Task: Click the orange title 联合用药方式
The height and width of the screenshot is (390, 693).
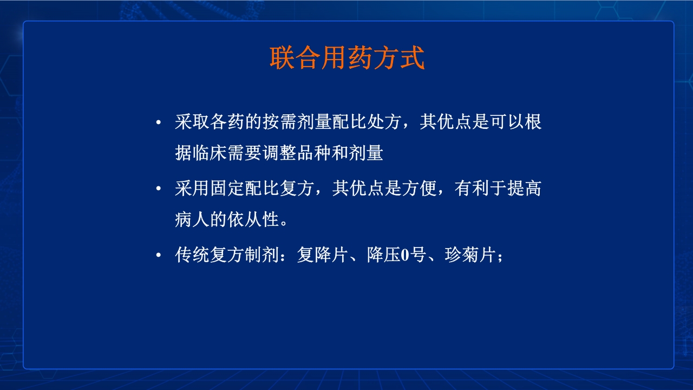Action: (346, 58)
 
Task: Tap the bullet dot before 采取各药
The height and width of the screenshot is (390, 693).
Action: (159, 123)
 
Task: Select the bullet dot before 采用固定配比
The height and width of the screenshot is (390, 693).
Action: (159, 190)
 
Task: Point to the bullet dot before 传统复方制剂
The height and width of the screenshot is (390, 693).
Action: (159, 256)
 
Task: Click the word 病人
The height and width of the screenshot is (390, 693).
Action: (192, 220)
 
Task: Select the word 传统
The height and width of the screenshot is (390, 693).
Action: (192, 255)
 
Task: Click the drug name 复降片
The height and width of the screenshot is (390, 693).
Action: (322, 255)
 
